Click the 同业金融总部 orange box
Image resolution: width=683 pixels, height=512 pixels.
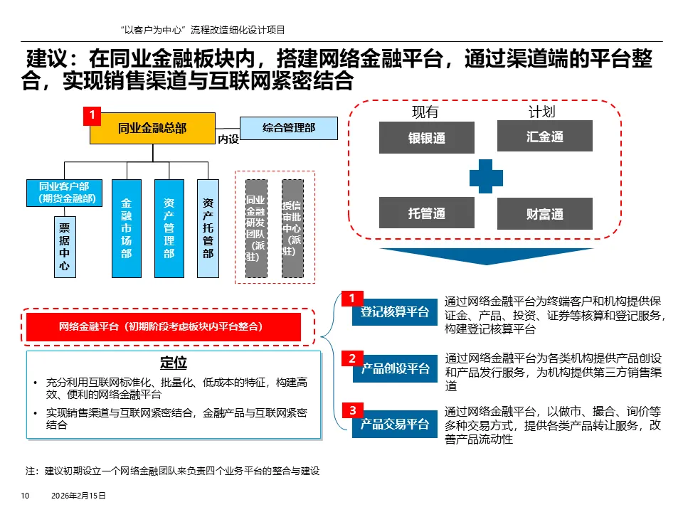pos(152,128)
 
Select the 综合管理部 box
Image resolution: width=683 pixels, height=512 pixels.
pos(288,128)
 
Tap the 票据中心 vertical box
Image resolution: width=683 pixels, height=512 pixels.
pos(64,247)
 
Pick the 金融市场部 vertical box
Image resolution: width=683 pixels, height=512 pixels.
pos(126,228)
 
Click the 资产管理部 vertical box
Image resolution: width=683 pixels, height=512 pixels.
pos(169,228)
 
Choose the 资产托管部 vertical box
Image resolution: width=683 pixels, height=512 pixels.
pos(208,228)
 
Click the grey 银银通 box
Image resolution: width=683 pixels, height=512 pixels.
pos(426,137)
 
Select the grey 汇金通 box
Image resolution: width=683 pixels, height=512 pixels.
pos(544,136)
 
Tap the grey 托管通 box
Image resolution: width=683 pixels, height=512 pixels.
pos(426,213)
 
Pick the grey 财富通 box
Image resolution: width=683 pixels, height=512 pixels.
pos(544,213)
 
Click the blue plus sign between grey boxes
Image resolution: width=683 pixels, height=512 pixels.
pos(485,176)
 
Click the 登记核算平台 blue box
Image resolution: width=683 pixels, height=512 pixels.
pos(395,311)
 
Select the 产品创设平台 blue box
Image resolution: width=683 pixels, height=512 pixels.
pos(395,368)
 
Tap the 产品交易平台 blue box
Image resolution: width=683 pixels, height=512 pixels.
pos(395,424)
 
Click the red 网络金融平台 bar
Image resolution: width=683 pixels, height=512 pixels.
pos(164,326)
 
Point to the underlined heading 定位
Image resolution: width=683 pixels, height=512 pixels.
pos(174,363)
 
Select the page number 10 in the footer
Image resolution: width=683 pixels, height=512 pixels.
pos(24,496)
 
